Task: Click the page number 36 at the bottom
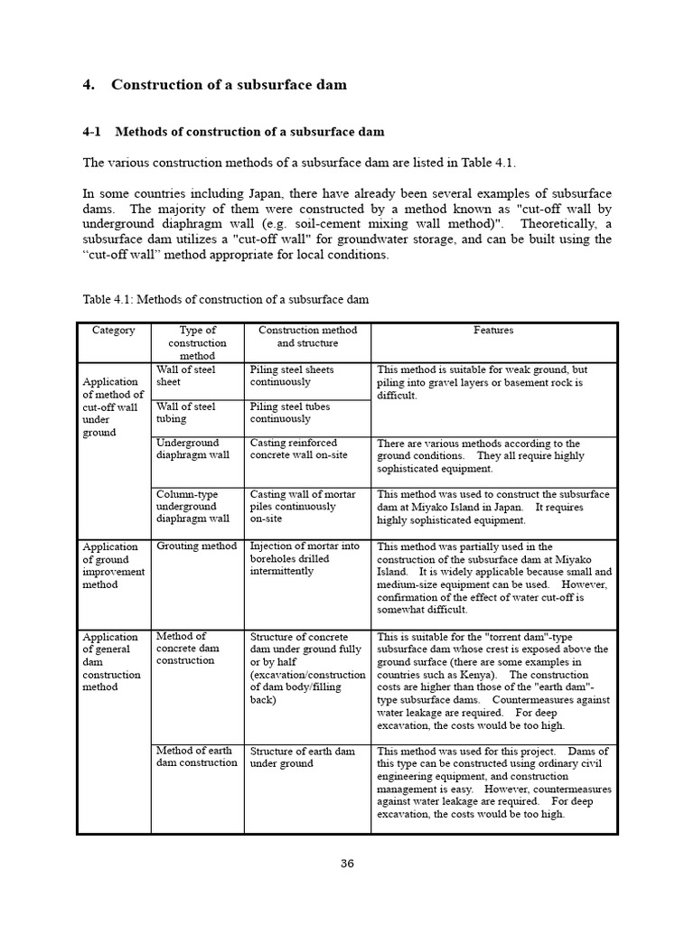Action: coord(347,863)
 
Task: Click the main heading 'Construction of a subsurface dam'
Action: coord(229,85)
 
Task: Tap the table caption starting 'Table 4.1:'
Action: coord(225,299)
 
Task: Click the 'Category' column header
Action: coord(114,331)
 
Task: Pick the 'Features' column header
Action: coord(492,331)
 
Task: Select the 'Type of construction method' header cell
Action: coord(197,343)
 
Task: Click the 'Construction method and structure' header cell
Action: coord(307,337)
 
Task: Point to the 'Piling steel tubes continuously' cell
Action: coord(291,413)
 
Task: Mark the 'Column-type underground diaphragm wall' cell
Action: coord(192,507)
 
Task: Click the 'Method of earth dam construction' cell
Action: coord(196,757)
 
